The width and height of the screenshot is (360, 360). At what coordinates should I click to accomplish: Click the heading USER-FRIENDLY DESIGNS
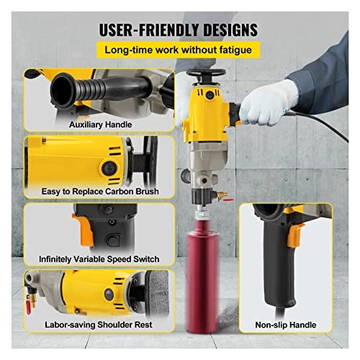pyautogui.click(x=179, y=30)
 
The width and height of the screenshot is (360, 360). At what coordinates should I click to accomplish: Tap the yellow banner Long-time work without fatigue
pyautogui.click(x=179, y=50)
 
